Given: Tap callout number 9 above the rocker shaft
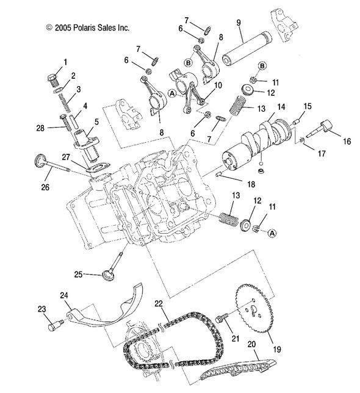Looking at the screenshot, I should pyautogui.click(x=239, y=24).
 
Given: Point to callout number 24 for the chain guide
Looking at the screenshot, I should pyautogui.click(x=63, y=295).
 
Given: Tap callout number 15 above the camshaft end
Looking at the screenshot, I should pyautogui.click(x=307, y=107).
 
